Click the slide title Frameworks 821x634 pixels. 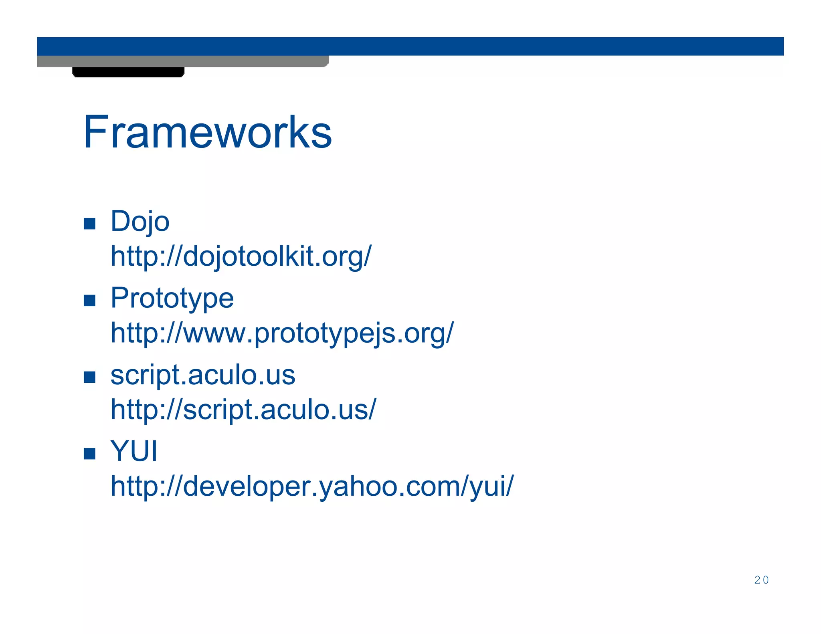click(207, 132)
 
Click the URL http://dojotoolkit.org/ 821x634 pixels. click(241, 256)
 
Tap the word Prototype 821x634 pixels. click(172, 298)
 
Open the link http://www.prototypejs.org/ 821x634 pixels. click(282, 333)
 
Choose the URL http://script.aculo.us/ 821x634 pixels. click(243, 410)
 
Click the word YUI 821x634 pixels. click(134, 451)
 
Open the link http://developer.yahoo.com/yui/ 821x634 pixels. click(312, 486)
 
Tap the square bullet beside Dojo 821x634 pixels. click(89, 224)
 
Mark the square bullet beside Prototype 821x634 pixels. click(89, 301)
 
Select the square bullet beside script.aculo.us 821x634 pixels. click(89, 377)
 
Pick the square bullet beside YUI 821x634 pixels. click(89, 454)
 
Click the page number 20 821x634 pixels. click(761, 580)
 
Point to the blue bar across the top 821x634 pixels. click(410, 46)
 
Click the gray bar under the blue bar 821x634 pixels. click(182, 61)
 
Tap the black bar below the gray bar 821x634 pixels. click(128, 72)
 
